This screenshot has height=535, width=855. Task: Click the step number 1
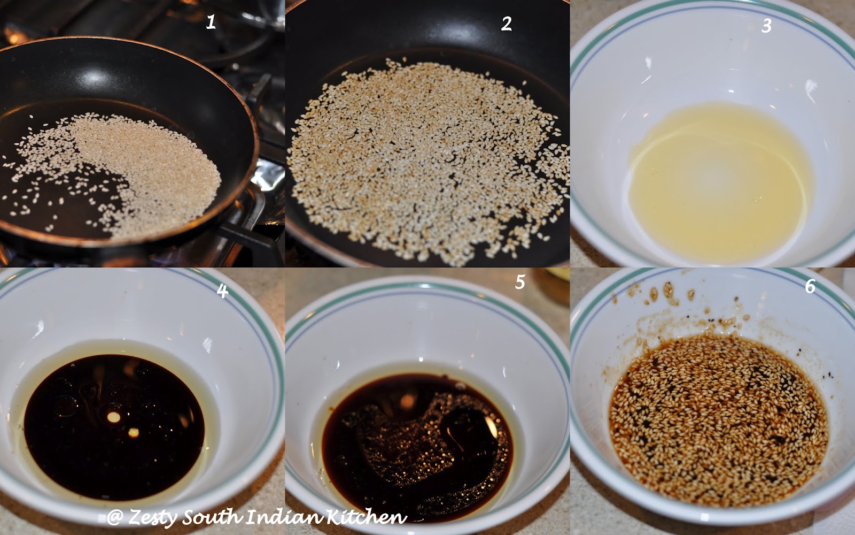click(211, 22)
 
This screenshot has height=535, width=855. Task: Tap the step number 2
click(507, 24)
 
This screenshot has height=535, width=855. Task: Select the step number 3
click(766, 26)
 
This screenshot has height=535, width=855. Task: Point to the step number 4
click(222, 291)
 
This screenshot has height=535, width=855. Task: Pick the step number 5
click(520, 282)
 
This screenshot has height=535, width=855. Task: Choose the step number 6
click(810, 286)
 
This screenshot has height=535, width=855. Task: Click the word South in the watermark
click(213, 517)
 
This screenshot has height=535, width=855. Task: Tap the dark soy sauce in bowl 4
click(114, 426)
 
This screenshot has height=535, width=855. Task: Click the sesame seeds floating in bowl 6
click(718, 421)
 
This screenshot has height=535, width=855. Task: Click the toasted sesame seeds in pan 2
click(428, 160)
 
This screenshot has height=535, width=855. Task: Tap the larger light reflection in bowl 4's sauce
click(113, 417)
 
